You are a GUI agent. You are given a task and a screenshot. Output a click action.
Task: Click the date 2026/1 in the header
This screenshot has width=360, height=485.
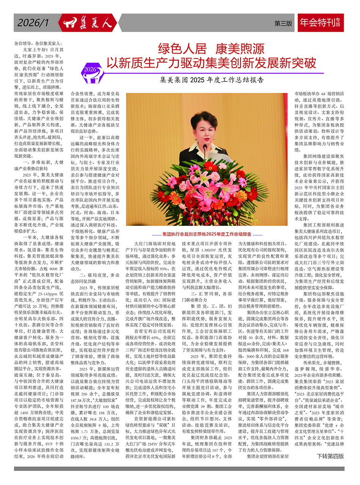click(x=33, y=23)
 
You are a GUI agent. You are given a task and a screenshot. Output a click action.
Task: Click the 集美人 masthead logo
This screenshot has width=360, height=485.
click(x=88, y=23)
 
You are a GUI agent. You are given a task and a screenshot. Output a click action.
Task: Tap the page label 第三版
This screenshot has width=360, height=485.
click(x=283, y=23)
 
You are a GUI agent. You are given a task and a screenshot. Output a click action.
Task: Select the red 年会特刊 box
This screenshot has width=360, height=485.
click(x=321, y=23)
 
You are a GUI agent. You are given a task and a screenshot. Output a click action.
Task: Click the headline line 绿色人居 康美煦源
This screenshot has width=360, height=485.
click(x=210, y=49)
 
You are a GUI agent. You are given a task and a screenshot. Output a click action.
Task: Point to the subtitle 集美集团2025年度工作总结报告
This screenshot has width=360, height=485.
click(x=212, y=80)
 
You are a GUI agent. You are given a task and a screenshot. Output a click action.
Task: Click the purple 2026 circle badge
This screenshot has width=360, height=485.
click(x=91, y=69)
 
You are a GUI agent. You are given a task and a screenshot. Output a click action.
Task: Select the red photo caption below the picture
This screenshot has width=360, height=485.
click(x=207, y=234)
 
